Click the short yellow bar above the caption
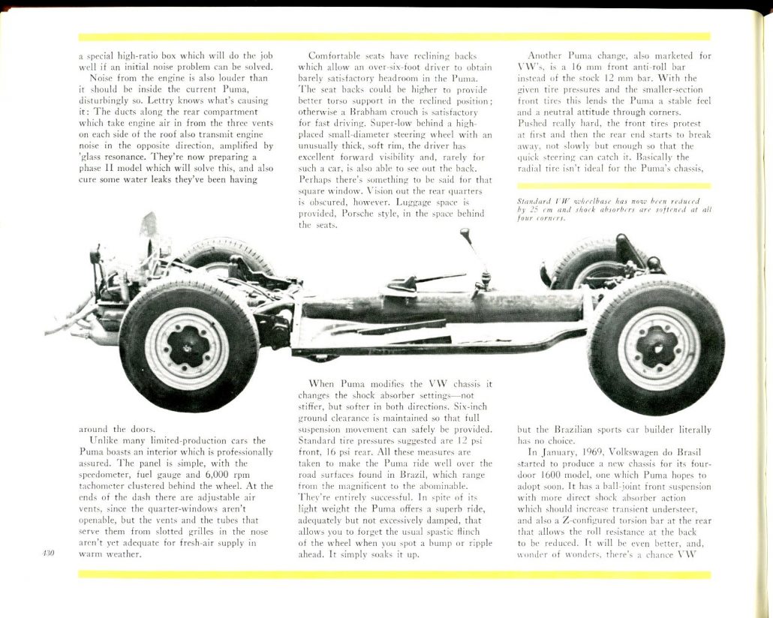click(614, 186)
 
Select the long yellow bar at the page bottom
click(394, 575)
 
